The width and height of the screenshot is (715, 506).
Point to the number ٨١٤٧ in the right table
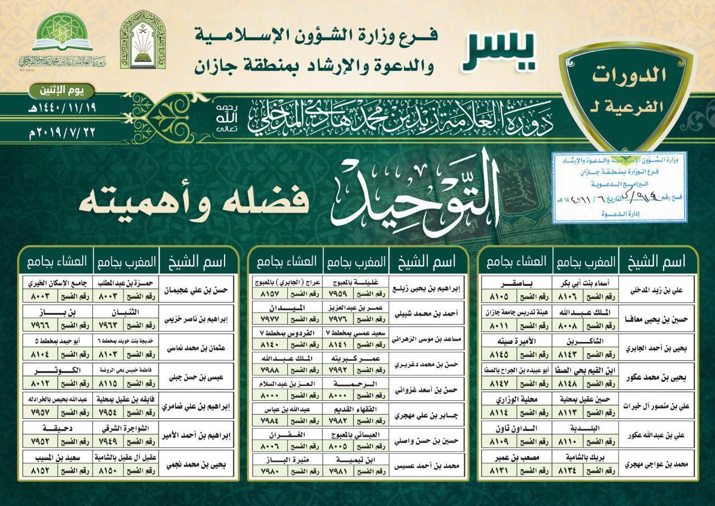tap(498, 385)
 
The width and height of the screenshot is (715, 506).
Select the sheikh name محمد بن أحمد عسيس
tap(427, 464)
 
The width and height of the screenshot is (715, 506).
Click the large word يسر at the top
tap(499, 51)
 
